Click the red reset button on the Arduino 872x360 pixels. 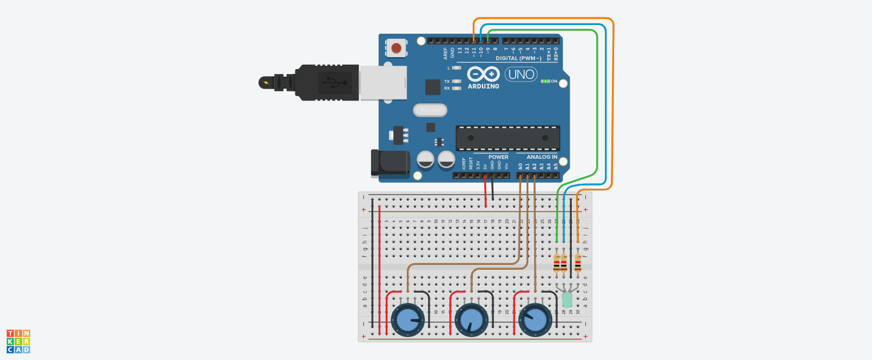click(x=397, y=48)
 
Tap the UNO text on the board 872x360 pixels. click(x=521, y=74)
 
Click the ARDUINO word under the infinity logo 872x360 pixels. click(x=483, y=86)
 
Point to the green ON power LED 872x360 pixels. click(x=546, y=81)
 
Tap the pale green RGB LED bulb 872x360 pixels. click(x=567, y=300)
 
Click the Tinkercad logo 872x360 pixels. click(x=18, y=342)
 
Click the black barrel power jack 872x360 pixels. click(x=391, y=163)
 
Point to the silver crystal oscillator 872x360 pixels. click(x=430, y=110)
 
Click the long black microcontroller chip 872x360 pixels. click(x=508, y=138)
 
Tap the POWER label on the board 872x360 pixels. click(x=498, y=157)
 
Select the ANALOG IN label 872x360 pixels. click(x=542, y=157)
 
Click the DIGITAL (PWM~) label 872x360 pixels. click(x=518, y=58)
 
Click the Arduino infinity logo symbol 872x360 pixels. click(x=483, y=74)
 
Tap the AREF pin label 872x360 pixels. click(x=446, y=53)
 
